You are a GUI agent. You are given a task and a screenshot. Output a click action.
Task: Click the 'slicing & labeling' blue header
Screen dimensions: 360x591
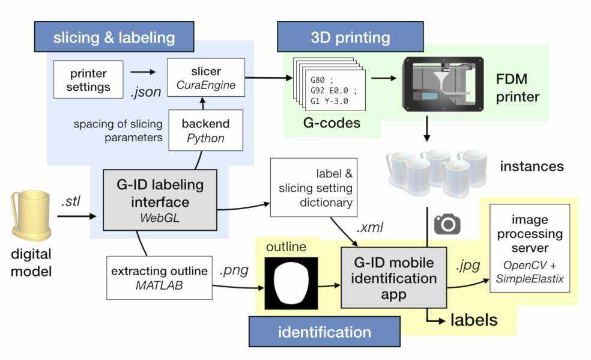pyautogui.click(x=114, y=38)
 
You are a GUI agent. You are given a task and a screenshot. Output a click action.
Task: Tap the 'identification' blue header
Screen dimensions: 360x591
pyautogui.click(x=324, y=332)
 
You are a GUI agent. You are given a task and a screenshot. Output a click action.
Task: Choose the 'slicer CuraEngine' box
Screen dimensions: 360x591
pyautogui.click(x=206, y=78)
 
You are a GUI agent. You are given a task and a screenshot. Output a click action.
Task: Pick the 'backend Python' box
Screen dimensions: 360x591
pyautogui.click(x=205, y=130)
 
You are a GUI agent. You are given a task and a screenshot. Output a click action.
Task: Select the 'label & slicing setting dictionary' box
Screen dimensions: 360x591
pyautogui.click(x=311, y=188)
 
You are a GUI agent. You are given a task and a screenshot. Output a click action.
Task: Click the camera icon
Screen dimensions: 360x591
pyautogui.click(x=447, y=225)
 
